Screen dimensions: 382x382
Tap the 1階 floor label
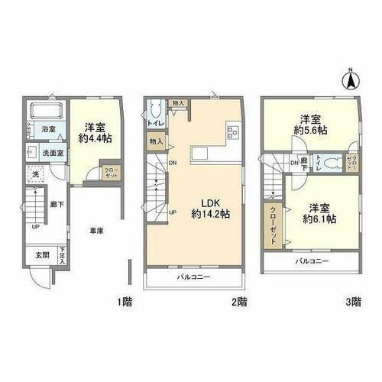coord(124,302)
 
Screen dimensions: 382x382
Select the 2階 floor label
coord(238,302)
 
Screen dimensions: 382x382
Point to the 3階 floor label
coord(352,302)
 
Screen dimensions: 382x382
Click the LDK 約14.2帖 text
coord(212,206)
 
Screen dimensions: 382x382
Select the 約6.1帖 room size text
coord(316,218)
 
